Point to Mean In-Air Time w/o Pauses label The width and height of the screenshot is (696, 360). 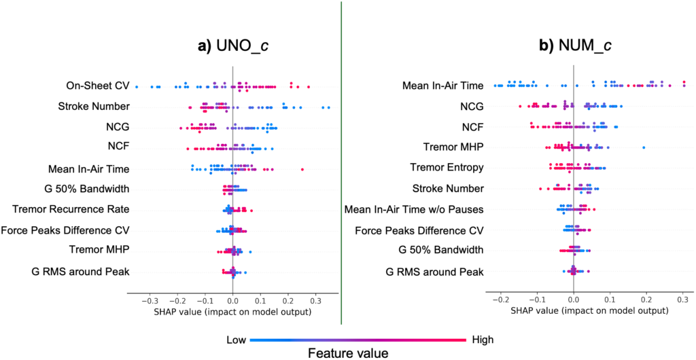[x=414, y=209]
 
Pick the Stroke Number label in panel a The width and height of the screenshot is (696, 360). [x=94, y=107]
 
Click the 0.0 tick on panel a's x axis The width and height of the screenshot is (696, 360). [x=232, y=301]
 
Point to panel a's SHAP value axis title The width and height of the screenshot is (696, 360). [x=232, y=312]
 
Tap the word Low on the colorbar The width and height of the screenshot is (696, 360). [x=237, y=340]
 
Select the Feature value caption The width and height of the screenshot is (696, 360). [x=348, y=353]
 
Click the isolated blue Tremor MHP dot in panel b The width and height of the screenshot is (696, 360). [x=644, y=147]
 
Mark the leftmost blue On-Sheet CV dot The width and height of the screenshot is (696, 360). [x=137, y=86]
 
